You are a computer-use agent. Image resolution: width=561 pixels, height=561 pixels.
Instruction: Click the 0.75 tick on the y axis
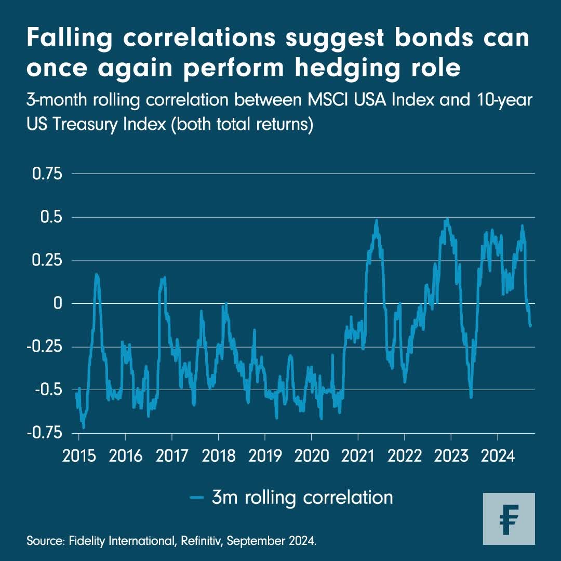[47, 173]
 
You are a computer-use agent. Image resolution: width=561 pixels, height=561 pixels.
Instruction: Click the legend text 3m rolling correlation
[302, 497]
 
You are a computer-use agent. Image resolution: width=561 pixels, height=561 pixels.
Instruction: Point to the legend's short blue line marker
[196, 498]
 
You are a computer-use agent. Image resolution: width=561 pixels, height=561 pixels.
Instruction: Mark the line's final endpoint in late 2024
[531, 326]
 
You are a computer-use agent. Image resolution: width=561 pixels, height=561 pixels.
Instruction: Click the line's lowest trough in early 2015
[83, 427]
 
